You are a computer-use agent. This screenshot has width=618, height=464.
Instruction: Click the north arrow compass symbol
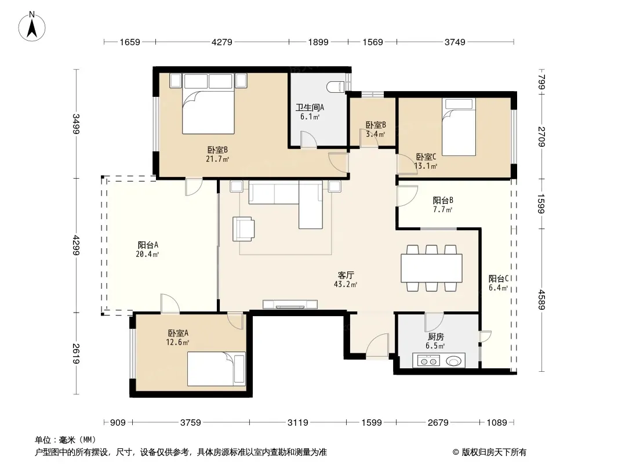coord(32,27)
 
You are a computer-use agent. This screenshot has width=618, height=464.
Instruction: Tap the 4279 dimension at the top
coord(222,42)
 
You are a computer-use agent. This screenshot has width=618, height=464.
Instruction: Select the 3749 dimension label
coord(455,42)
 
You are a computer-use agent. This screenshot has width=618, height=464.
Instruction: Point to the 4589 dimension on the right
coord(542,300)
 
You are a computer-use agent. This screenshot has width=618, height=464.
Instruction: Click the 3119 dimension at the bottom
coord(297,423)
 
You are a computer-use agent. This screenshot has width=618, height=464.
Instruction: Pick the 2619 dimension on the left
coord(76,354)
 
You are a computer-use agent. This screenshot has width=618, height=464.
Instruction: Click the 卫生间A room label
coord(310,107)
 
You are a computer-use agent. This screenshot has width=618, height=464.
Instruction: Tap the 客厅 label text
coord(346,275)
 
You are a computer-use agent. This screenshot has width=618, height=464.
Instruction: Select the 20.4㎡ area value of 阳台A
coord(147,254)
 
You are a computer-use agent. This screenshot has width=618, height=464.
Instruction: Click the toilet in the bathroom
coord(336,87)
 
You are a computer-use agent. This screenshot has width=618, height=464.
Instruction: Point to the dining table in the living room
coord(431,268)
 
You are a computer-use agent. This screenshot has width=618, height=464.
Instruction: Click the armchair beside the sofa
coord(243,229)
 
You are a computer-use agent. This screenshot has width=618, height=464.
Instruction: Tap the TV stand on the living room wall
coord(290,304)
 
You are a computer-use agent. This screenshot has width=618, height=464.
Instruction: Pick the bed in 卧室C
coord(459,127)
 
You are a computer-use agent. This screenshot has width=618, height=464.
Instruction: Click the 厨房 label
coord(435,336)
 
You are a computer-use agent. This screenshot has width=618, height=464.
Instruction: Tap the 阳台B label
coord(442,200)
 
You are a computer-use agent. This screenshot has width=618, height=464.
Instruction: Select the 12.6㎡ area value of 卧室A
coord(177,342)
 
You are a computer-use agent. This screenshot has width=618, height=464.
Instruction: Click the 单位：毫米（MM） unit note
coord(66,440)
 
